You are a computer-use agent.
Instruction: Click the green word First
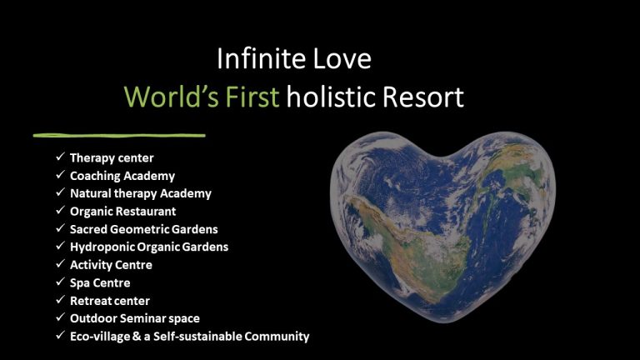point(253,97)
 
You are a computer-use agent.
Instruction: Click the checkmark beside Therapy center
point(60,157)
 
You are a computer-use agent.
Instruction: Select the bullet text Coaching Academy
point(122,176)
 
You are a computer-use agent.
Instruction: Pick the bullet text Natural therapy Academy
point(141,193)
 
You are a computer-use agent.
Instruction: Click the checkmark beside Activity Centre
point(60,265)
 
